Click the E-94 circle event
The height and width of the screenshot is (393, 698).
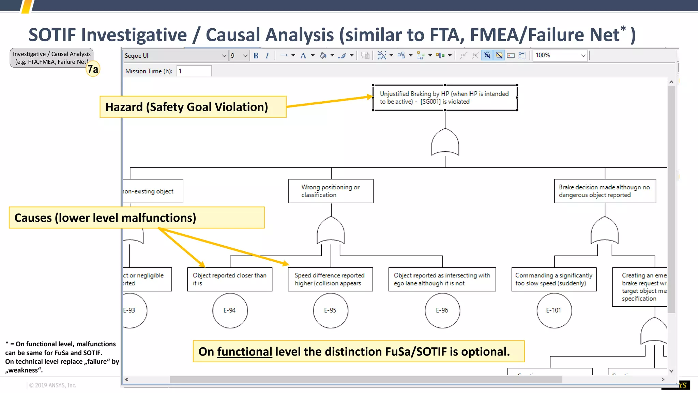tap(230, 310)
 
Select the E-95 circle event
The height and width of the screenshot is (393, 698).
tap(330, 310)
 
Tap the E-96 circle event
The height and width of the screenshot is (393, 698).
tap(442, 310)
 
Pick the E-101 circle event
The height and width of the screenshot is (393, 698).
tap(554, 310)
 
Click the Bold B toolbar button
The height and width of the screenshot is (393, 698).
tap(256, 56)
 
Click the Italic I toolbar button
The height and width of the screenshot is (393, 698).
tap(267, 56)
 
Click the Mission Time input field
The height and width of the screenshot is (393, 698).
tap(194, 71)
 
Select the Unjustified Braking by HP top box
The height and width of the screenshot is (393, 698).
tap(445, 98)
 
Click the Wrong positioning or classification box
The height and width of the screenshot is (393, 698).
tap(331, 191)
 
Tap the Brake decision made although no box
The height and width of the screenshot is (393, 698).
tap(605, 191)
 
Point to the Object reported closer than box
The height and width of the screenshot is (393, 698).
tap(230, 279)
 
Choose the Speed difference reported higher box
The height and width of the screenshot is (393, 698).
tap(330, 279)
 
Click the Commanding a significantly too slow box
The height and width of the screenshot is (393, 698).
tap(553, 279)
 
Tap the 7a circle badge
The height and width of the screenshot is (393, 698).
tap(93, 69)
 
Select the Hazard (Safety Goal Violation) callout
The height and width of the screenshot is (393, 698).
tap(193, 107)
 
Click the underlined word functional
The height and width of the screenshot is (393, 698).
tap(244, 352)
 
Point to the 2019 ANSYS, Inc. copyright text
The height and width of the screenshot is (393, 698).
tap(53, 385)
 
